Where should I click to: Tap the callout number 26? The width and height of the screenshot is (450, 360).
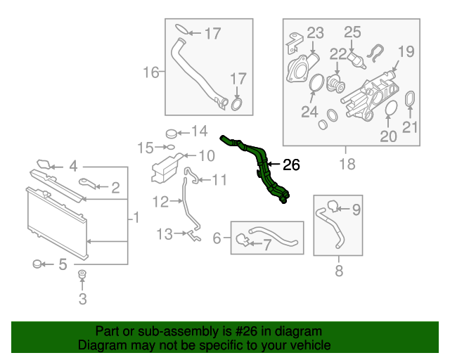[x=291, y=166]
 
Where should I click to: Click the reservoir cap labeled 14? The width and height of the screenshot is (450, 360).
[x=171, y=132]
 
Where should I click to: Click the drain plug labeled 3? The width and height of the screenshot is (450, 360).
[x=82, y=275]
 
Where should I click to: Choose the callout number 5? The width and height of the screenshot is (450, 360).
[x=63, y=265]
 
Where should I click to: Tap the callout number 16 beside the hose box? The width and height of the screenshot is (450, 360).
[x=152, y=72]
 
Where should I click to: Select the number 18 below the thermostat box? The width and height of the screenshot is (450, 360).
[x=345, y=165]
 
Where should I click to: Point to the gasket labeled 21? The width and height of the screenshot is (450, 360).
[x=411, y=100]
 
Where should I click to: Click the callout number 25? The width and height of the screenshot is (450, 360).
[x=352, y=32]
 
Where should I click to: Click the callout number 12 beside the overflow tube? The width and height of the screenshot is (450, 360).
[x=160, y=202]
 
